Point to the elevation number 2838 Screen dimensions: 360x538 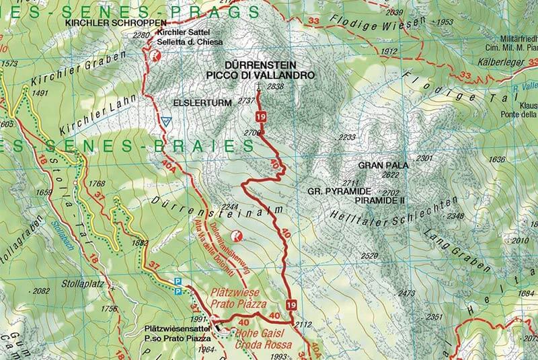[275, 87]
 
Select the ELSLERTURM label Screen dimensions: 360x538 [193, 103]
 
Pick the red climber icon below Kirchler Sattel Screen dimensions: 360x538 [156, 59]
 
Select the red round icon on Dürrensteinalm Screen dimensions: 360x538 [236, 236]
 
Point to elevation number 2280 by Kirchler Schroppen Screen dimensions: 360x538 [141, 35]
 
